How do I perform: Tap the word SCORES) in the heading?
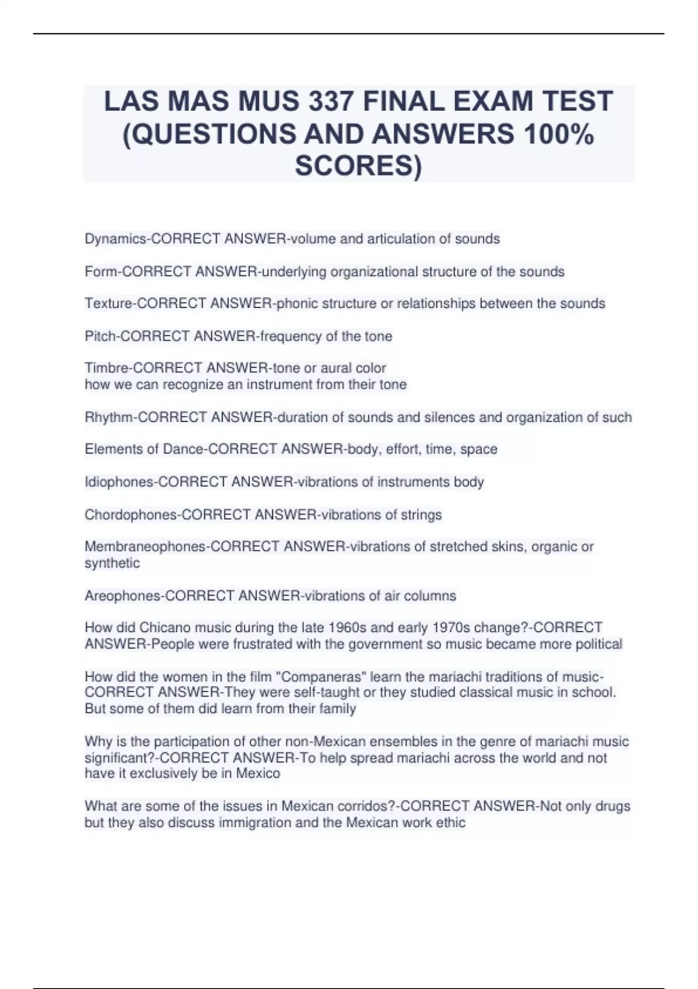point(358,166)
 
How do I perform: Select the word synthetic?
point(112,563)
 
